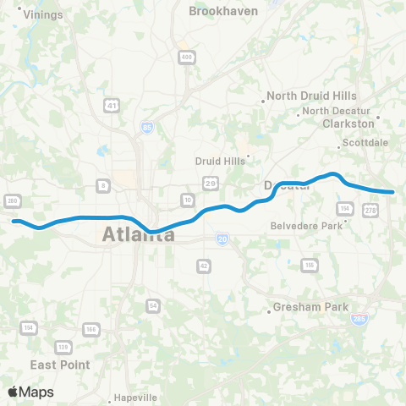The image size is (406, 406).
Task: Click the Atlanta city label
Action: (x=139, y=235)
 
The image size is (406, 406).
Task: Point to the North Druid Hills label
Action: (x=311, y=96)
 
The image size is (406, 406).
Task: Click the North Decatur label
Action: (x=337, y=111)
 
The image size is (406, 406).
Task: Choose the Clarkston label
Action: (x=348, y=123)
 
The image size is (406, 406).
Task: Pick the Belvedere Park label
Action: (x=306, y=226)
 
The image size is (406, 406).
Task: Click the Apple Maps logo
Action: (x=30, y=392)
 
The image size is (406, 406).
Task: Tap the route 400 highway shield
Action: (x=184, y=56)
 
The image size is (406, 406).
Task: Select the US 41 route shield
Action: (x=112, y=104)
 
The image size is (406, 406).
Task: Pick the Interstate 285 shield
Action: (x=358, y=319)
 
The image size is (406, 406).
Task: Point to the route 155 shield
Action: (x=310, y=266)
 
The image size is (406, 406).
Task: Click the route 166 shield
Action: (x=90, y=328)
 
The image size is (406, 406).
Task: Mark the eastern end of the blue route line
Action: (x=392, y=192)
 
